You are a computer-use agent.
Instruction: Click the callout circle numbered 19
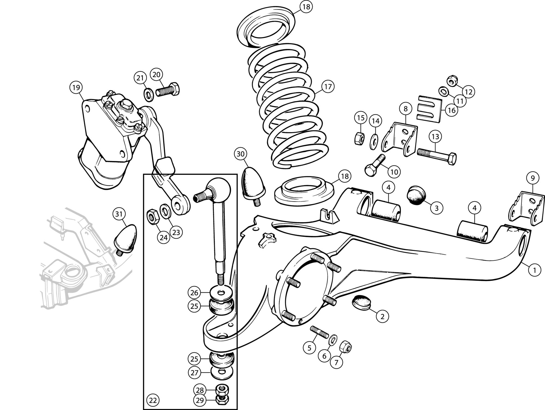point(76,87)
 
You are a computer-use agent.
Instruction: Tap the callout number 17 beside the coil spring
point(328,87)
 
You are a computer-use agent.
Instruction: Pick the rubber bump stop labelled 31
point(126,238)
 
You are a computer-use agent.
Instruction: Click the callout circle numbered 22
point(153,400)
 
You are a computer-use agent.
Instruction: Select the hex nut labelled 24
point(151,216)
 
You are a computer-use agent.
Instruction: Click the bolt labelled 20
point(168,90)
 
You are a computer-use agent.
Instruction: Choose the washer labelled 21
point(148,94)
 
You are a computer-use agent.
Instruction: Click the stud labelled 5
point(320,332)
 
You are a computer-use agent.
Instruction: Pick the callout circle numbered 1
point(534,270)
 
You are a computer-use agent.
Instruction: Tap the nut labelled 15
point(359,138)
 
